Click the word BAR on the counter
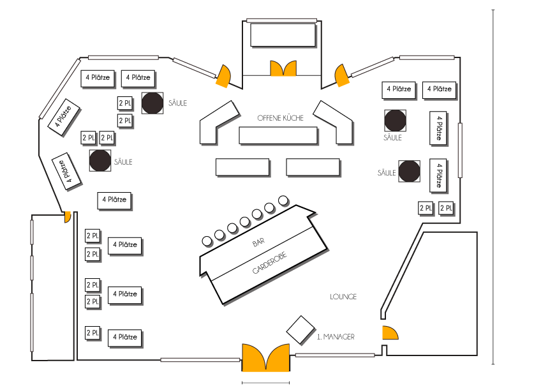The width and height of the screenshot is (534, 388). (x=258, y=243)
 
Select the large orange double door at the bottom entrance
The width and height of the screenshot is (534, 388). (x=266, y=357)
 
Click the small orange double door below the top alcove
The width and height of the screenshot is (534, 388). (x=283, y=68)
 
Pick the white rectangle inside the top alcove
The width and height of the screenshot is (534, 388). (x=283, y=34)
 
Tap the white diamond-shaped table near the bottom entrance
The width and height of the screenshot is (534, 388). (x=300, y=330)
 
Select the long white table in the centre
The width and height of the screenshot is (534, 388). (x=278, y=135)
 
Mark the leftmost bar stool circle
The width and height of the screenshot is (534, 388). (x=207, y=241)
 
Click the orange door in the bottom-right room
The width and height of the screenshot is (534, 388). (x=390, y=332)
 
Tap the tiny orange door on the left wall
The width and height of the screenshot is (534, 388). (x=66, y=218)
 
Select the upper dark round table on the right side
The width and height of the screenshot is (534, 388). (x=396, y=120)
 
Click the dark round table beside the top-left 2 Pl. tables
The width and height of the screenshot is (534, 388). (x=152, y=103)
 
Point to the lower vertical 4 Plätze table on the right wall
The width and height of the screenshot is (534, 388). (x=438, y=174)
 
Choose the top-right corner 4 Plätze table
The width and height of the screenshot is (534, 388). (x=438, y=89)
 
